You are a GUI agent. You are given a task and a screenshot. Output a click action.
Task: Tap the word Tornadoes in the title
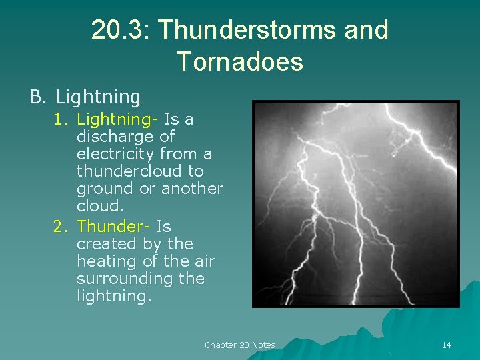[240, 62]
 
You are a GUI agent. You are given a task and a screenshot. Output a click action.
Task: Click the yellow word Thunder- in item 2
[114, 227]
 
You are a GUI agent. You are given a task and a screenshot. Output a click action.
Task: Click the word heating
[105, 261]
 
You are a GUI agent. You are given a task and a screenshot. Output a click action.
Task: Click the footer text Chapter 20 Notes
[239, 345]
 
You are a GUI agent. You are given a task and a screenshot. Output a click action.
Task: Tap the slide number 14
[447, 345]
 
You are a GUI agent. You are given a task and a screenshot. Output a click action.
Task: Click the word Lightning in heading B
[98, 97]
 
